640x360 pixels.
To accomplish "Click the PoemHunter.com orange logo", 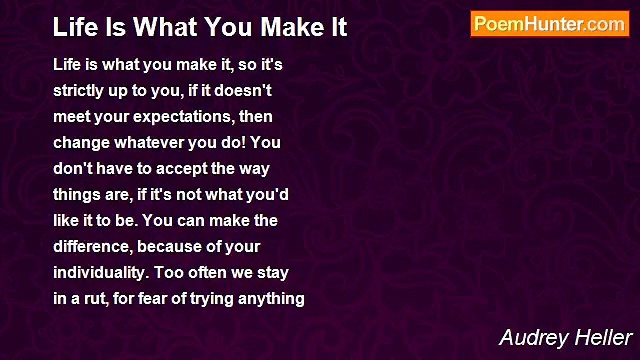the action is pos(550,24).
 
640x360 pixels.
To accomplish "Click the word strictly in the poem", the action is pos(78,91).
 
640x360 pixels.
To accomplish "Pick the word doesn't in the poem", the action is pos(243,91).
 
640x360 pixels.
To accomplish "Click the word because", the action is pos(169,247).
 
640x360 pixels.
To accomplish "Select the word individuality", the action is pos(101,273).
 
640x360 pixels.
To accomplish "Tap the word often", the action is pos(207,273).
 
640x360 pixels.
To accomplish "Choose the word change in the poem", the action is pos(81,143).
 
